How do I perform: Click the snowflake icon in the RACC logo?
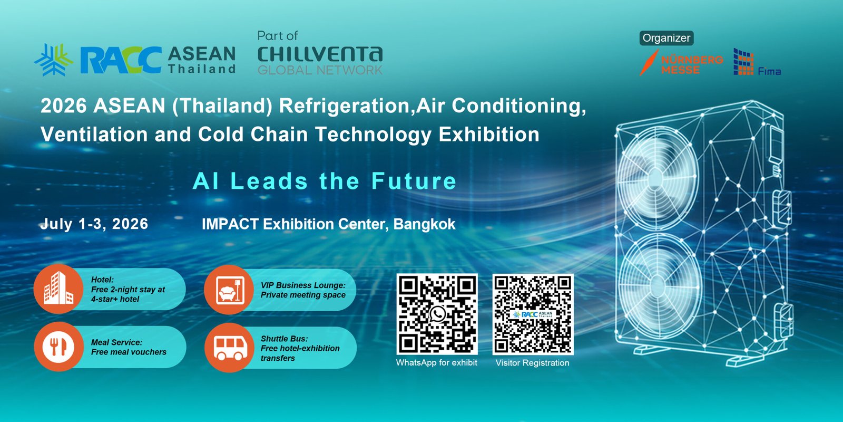[x=53, y=60]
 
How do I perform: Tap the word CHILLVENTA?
[x=320, y=55]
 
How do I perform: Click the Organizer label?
[x=666, y=38]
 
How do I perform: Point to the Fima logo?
[x=757, y=62]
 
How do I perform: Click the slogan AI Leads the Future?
[x=325, y=181]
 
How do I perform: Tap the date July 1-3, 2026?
[x=94, y=224]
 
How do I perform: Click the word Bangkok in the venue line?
[x=424, y=224]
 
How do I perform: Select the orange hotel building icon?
[x=58, y=289]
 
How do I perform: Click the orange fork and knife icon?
[x=58, y=347]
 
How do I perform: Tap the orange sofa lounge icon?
[x=229, y=290]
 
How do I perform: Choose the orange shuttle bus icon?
[x=230, y=348]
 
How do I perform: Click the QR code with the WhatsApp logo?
[x=437, y=314]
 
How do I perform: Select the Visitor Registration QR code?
[x=533, y=314]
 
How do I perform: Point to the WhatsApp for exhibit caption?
[x=437, y=362]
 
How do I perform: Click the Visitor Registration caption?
[x=532, y=363]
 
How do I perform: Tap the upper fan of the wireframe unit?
[x=656, y=177]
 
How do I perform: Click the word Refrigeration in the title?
[x=344, y=105]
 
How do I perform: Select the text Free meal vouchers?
[x=129, y=352]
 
